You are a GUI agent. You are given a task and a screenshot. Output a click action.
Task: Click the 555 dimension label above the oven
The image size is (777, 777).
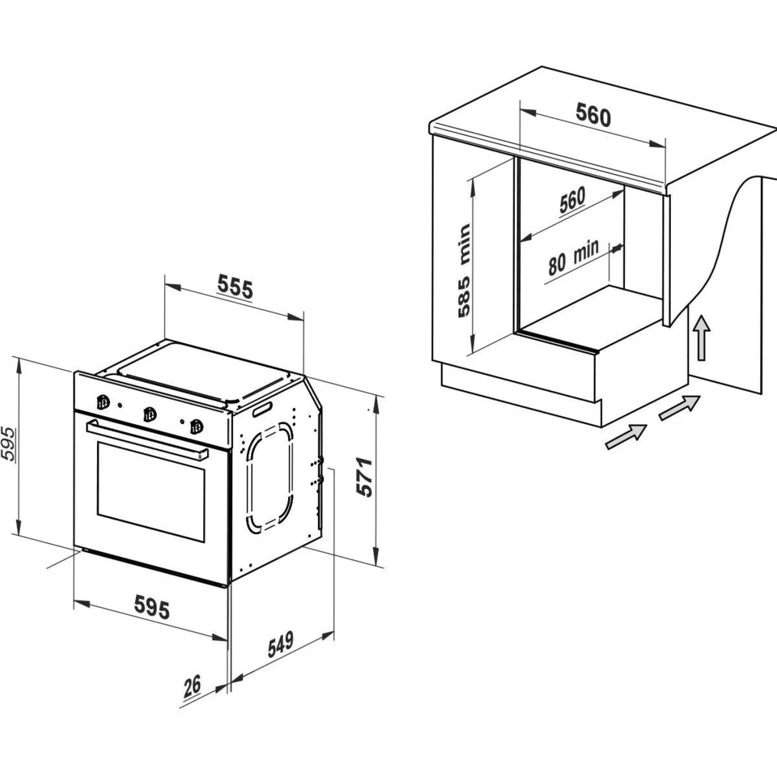click(235, 287)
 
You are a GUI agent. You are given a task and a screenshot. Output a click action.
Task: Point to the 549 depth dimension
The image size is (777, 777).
click(281, 643)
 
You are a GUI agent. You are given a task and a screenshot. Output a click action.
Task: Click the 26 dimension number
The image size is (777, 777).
click(193, 686)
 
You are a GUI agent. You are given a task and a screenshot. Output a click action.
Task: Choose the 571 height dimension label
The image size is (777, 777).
click(364, 478)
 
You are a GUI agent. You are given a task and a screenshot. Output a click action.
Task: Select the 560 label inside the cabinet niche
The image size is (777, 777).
click(572, 200)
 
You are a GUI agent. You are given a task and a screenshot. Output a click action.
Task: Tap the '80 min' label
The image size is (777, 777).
click(573, 257)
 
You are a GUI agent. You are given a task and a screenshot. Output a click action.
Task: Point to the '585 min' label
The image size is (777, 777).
click(464, 270)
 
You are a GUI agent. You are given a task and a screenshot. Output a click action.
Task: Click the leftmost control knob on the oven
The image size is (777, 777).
click(103, 402)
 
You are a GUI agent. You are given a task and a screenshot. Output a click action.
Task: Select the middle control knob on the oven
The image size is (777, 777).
click(150, 414)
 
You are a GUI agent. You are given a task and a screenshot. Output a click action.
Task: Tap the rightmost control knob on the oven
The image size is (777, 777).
click(197, 427)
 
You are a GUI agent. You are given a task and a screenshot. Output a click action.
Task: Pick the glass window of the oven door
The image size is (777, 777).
click(151, 491)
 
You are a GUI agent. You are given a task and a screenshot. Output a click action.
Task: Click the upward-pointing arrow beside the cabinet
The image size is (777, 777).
click(701, 338)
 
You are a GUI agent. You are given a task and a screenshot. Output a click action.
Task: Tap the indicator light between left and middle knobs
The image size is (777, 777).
click(120, 406)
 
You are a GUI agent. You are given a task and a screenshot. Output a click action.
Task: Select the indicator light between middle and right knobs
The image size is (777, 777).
click(183, 422)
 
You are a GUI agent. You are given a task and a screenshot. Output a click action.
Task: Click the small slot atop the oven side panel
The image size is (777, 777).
click(261, 410)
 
